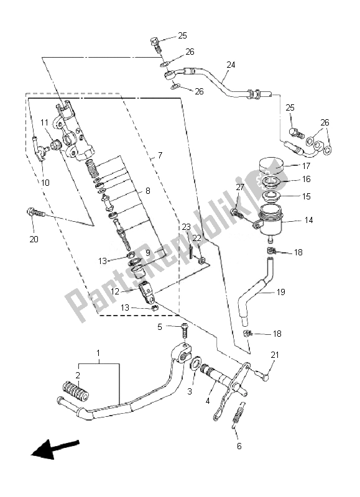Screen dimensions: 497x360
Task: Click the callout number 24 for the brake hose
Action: [x=231, y=65]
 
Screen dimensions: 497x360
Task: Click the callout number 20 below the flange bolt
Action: [x=34, y=238]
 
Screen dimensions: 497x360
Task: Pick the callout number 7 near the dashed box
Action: [x=160, y=155]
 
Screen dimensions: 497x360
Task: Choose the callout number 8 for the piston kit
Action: [x=148, y=191]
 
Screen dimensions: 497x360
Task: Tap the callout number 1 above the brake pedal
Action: [x=98, y=352]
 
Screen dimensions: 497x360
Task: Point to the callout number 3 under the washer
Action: [x=190, y=391]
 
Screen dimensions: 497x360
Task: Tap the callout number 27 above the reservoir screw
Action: [x=240, y=187]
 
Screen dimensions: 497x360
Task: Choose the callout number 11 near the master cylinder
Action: [x=44, y=122]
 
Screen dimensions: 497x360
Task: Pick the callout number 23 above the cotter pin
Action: [x=185, y=227]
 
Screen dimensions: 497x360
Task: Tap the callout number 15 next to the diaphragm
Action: [x=305, y=196]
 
